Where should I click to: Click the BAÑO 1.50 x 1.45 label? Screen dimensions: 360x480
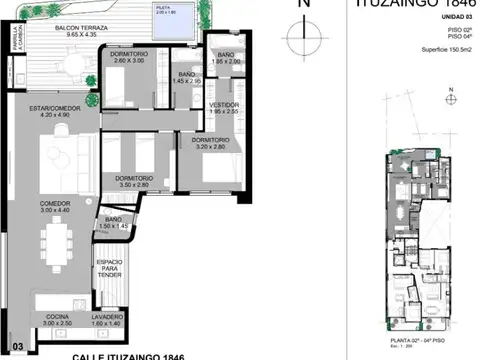pos(113,222)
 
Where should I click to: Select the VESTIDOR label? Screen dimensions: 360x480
pos(224,107)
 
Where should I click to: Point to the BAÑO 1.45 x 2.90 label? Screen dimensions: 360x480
pos(186,77)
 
